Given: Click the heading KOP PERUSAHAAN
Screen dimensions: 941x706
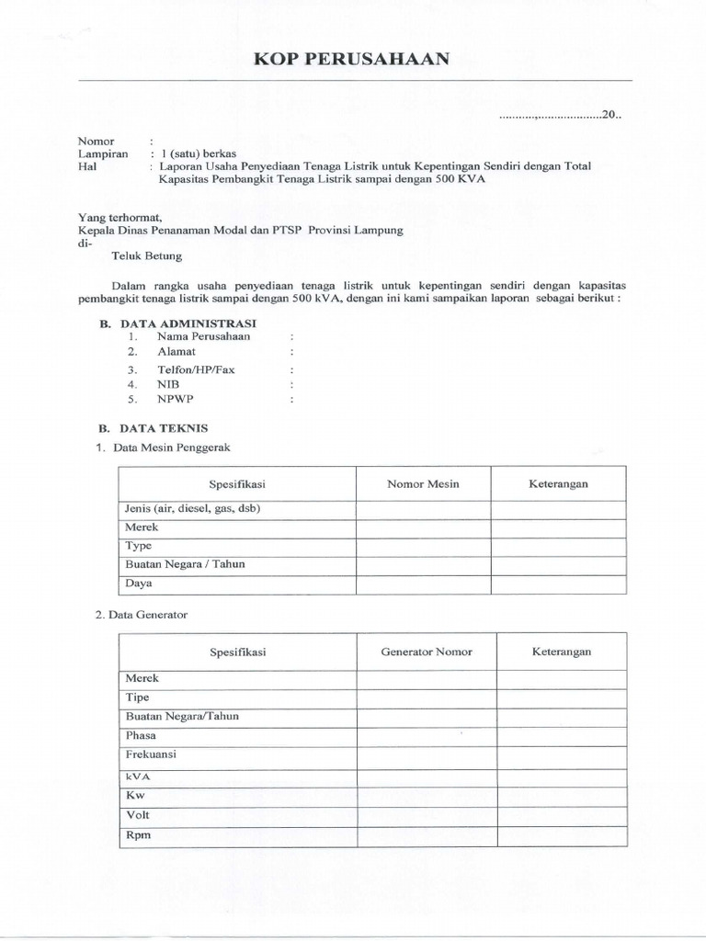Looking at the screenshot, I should pos(352,60).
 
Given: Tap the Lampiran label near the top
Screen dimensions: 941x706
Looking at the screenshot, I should pos(100,154).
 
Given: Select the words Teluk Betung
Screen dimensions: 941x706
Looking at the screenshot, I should pos(146,256).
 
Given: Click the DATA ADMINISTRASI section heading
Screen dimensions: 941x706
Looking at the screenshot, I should pos(185,323).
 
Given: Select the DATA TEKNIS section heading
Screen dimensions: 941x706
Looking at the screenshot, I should pos(162,427).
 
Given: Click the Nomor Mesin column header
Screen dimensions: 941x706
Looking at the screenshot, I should pos(423,483).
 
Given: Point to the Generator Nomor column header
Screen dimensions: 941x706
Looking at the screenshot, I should pos(427,652).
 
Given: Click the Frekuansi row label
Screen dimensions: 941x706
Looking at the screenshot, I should pos(151,754).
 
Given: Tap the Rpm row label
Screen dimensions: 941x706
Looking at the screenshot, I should pos(138,835).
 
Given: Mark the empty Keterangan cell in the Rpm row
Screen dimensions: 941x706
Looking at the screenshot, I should pos(561,836).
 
